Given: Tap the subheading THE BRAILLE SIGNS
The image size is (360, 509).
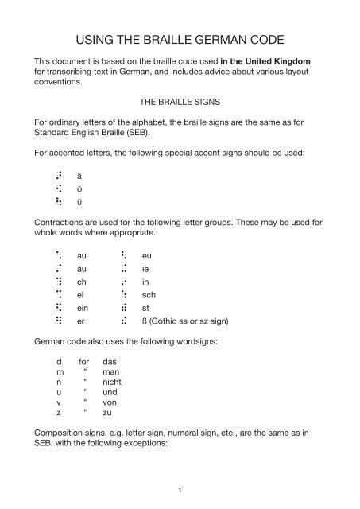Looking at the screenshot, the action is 180,102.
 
